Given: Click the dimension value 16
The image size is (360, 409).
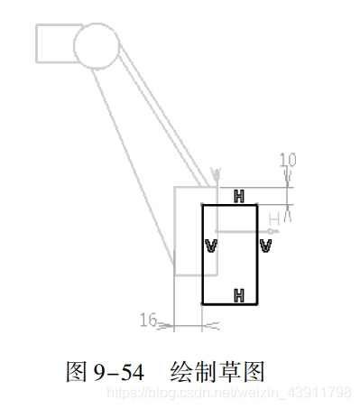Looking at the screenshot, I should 150,318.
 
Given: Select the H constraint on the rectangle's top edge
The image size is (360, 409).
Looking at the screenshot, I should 238,195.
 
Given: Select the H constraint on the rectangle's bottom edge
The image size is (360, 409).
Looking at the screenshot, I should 238,295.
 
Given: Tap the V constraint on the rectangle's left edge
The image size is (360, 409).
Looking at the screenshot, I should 210,245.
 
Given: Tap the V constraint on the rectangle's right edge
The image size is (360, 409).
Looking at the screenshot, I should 265,245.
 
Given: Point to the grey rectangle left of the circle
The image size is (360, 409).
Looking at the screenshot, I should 54,42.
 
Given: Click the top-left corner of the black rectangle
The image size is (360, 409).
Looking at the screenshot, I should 202,205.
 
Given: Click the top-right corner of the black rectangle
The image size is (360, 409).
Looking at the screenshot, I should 257,205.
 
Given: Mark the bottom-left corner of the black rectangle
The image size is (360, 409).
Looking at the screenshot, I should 202,304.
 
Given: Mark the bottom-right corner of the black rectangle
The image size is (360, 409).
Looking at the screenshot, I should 257,304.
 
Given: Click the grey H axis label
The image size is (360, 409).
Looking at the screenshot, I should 274,217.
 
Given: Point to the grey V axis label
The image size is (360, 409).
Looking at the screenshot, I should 215,172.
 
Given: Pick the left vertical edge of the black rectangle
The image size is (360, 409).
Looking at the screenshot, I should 202,271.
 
